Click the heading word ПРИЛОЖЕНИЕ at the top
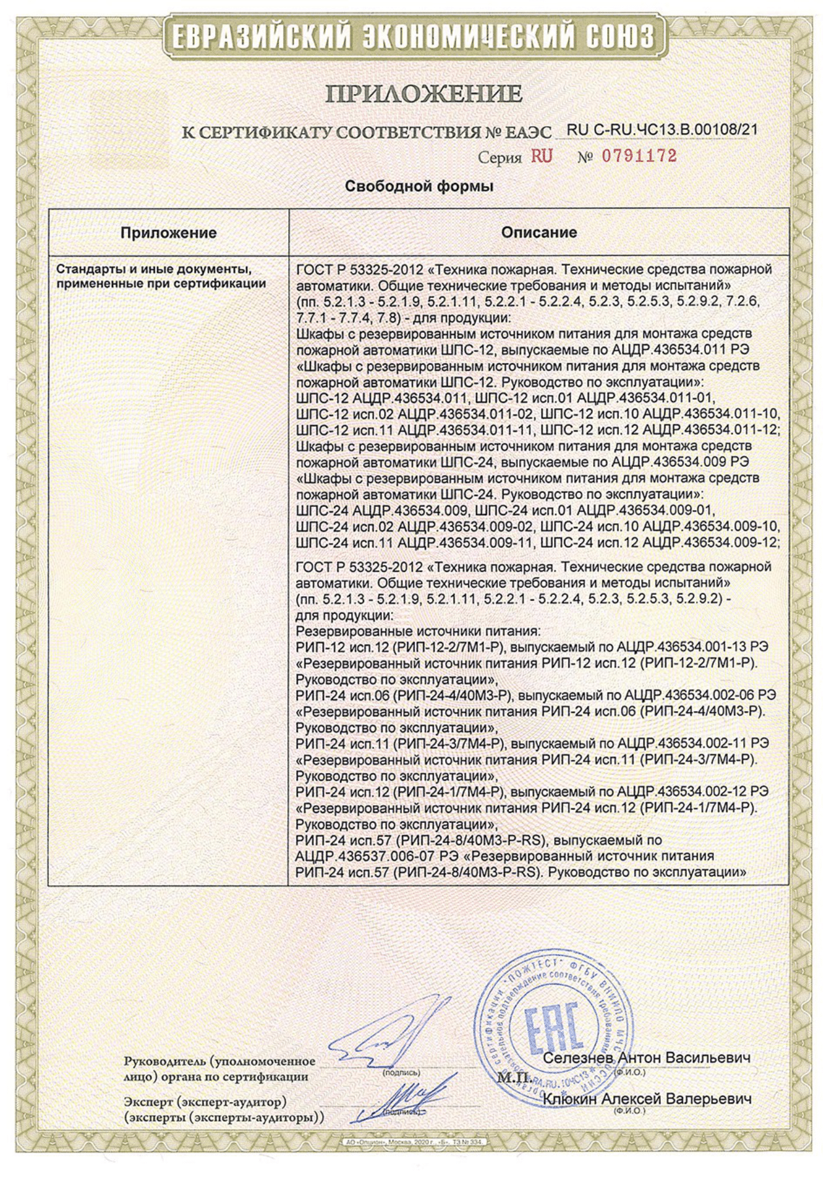[x=424, y=95]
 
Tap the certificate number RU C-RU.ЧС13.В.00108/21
[x=662, y=130]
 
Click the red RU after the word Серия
[x=541, y=157]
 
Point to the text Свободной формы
[x=419, y=187]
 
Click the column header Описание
[x=539, y=232]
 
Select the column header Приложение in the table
[x=169, y=232]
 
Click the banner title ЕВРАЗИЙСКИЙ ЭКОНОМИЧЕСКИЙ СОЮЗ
[x=416, y=37]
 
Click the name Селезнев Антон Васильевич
[x=646, y=1057]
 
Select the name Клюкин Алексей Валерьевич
[x=646, y=1099]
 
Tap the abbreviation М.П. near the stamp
[x=513, y=1077]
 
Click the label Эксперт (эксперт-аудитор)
[x=205, y=1102]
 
